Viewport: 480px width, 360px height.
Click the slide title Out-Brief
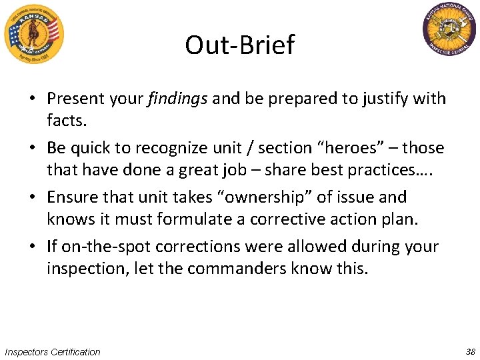[239, 45]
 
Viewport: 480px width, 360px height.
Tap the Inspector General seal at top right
[449, 31]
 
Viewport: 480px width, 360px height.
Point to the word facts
[66, 121]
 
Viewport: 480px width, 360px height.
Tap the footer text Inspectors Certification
[52, 351]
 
